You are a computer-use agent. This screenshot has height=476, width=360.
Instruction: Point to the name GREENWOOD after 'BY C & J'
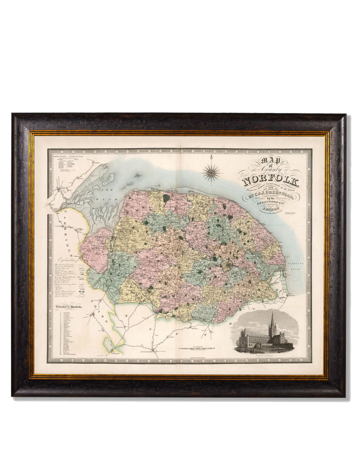point(283,190)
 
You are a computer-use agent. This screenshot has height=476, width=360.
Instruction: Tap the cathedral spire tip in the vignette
point(272,313)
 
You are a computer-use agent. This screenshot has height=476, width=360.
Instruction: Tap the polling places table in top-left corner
point(68,163)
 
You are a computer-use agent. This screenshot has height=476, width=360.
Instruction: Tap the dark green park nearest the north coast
point(165,198)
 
